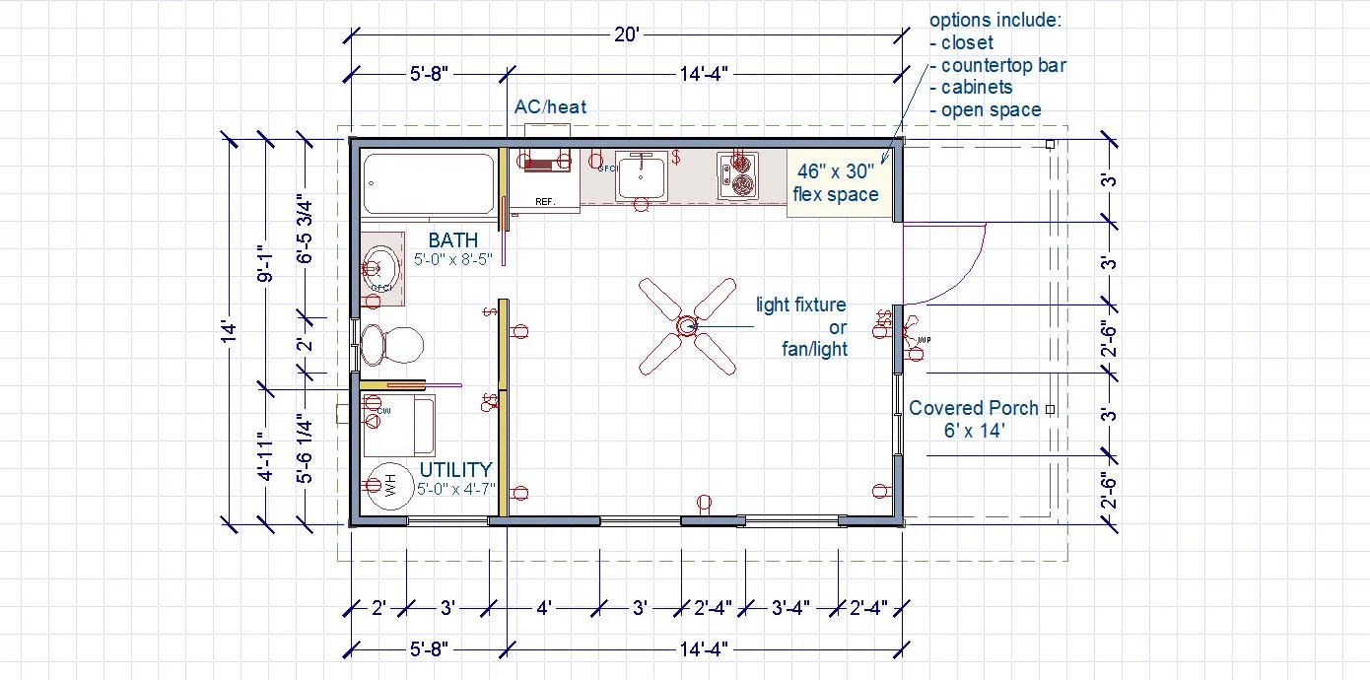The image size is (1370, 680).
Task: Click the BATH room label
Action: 453,240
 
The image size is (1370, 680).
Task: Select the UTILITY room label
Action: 455,470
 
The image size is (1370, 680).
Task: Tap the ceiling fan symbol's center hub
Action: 687,325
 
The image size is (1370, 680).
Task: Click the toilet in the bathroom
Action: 390,345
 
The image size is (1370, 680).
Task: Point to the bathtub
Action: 428,184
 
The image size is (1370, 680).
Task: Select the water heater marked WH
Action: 386,485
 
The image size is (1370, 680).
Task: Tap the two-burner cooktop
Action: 737,175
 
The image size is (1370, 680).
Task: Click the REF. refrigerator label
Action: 545,201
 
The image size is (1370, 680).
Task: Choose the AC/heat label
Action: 550,106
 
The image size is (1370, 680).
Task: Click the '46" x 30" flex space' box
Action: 836,182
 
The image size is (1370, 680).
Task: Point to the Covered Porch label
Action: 973,418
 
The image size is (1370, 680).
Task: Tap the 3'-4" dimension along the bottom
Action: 789,608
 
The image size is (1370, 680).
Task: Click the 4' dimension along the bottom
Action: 544,608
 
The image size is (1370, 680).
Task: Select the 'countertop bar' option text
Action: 1002,65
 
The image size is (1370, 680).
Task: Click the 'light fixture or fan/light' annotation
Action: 800,326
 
